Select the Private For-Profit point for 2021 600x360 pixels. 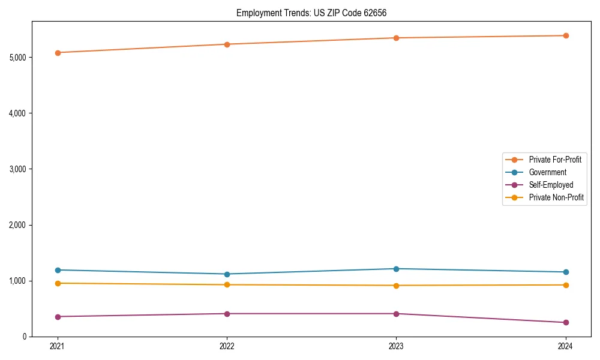(58, 53)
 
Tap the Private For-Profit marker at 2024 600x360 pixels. (565, 35)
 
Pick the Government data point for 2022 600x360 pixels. (227, 274)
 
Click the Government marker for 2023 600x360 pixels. (396, 269)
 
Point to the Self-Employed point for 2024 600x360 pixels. (565, 323)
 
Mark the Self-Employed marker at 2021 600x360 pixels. (58, 317)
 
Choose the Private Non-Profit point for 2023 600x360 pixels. (396, 286)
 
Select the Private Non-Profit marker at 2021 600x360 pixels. (58, 283)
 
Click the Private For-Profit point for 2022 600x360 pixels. (227, 44)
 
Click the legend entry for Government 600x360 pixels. (547, 172)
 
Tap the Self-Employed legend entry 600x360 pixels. (551, 185)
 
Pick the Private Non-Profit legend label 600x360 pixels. (556, 197)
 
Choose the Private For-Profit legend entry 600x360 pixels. (555, 160)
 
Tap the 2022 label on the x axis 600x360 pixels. (227, 346)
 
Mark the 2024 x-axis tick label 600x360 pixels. (565, 346)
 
